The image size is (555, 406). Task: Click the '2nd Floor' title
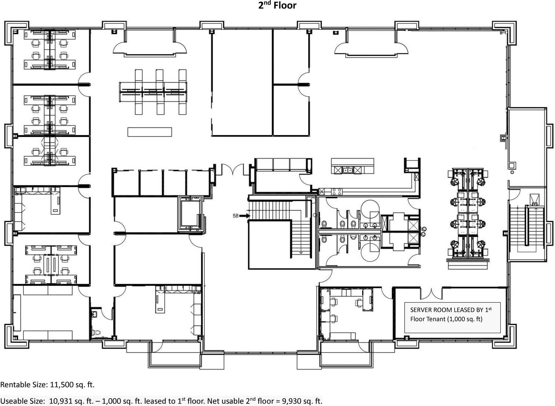(277, 5)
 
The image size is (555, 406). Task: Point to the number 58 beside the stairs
(235, 216)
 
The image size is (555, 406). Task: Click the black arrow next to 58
(244, 216)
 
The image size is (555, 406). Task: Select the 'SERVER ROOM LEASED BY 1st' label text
(451, 310)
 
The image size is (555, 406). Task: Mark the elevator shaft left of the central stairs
(190, 214)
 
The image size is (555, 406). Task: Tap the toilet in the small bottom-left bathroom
(96, 332)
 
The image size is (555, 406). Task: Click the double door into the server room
(431, 293)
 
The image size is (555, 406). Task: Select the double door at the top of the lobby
(233, 170)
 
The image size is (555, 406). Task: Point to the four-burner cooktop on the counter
(337, 192)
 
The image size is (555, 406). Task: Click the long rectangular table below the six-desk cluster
(150, 132)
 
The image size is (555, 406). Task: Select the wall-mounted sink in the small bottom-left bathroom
(94, 314)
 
